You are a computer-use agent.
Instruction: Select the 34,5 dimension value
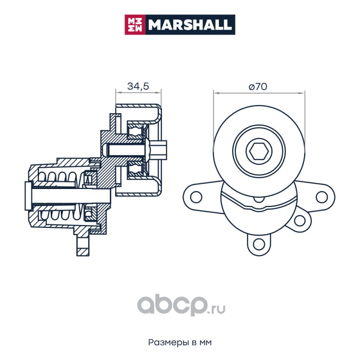pyautogui.click(x=138, y=87)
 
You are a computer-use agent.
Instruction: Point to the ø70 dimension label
pyautogui.click(x=258, y=87)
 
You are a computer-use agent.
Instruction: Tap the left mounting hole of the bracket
pyautogui.click(x=195, y=197)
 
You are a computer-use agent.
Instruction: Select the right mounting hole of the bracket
pyautogui.click(x=321, y=197)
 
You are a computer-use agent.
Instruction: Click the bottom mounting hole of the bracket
pyautogui.click(x=258, y=243)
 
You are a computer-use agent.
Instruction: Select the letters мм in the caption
pyautogui.click(x=205, y=342)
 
